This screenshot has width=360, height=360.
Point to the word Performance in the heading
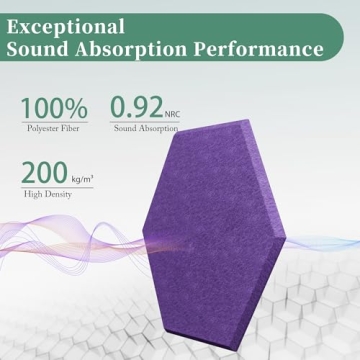tap(261, 49)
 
